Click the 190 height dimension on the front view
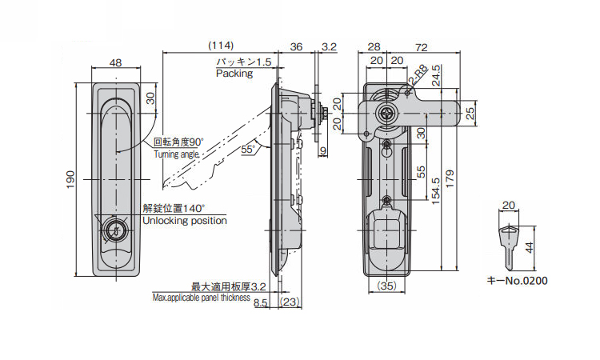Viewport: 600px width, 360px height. (x=71, y=179)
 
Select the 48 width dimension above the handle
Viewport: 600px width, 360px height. (x=115, y=62)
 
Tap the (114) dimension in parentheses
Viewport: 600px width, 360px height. (x=221, y=46)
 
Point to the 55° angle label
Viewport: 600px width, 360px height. (x=248, y=150)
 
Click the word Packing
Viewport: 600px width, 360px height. (x=234, y=74)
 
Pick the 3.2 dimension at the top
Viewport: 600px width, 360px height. (x=329, y=46)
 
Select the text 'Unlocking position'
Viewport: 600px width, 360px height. (x=185, y=221)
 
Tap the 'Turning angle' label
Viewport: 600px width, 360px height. (x=177, y=154)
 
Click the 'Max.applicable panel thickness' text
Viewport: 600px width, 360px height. (x=202, y=298)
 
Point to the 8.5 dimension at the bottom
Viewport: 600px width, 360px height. (x=260, y=303)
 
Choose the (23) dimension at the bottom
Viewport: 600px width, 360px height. (x=290, y=302)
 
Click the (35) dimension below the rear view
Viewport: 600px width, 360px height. (x=386, y=286)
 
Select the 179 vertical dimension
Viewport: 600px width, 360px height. (x=450, y=178)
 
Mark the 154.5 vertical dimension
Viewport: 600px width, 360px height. (x=435, y=191)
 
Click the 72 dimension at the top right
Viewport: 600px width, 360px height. (x=421, y=47)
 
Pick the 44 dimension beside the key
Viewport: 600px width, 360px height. (x=529, y=247)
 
